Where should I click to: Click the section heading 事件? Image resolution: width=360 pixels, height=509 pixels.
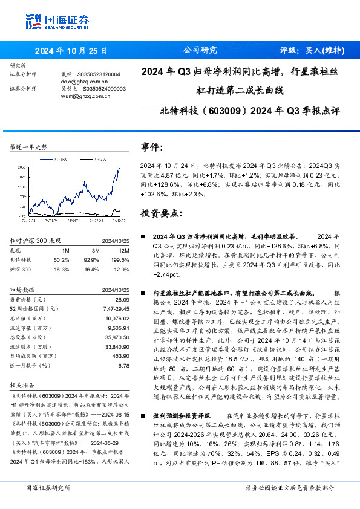pyautogui.click(x=152, y=147)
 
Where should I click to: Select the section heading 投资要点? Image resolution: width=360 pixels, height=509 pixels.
pyautogui.click(x=161, y=213)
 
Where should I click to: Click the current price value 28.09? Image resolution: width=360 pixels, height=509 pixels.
pyautogui.click(x=122, y=299)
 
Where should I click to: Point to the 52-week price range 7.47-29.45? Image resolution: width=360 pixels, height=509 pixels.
pyautogui.click(x=116, y=308)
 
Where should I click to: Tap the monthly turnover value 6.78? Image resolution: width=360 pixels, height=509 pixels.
pyautogui.click(x=124, y=365)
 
